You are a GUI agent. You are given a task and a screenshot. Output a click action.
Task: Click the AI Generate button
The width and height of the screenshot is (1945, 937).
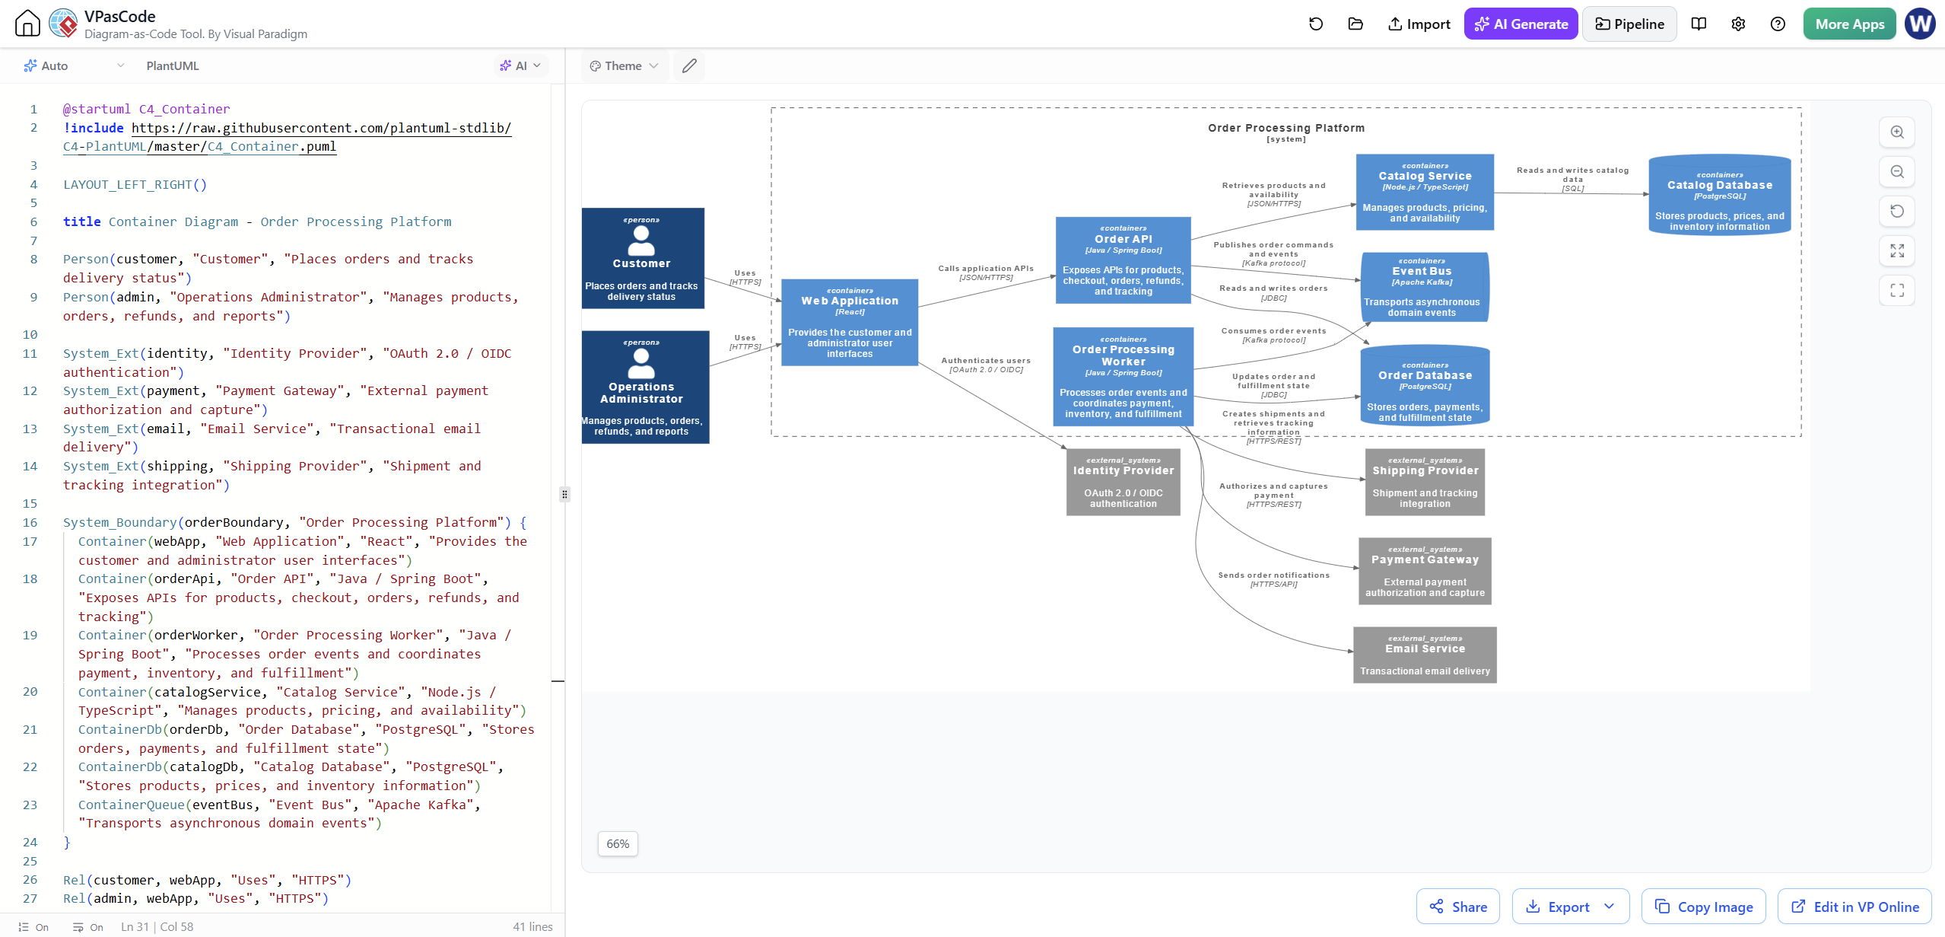tap(1521, 24)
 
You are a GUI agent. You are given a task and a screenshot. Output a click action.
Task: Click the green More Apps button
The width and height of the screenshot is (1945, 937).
tap(1849, 24)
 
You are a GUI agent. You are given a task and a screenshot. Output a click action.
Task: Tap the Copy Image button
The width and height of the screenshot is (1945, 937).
tap(1703, 906)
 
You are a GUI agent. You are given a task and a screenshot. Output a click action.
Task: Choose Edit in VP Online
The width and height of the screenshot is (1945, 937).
tap(1854, 906)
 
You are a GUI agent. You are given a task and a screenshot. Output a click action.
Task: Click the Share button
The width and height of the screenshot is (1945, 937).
tap(1457, 906)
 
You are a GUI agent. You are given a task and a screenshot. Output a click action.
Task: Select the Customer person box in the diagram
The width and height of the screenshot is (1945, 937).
tap(643, 258)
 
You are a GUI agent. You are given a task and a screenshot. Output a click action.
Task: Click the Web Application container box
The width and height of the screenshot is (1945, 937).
tap(850, 322)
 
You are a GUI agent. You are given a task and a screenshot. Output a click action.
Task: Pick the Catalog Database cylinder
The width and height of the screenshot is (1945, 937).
tap(1719, 195)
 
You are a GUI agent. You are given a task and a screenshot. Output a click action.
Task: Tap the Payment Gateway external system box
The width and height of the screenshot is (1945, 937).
tap(1425, 571)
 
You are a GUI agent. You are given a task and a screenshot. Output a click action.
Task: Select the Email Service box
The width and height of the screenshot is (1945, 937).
tap(1425, 655)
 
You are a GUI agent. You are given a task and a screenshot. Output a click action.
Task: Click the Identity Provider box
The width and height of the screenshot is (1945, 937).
tap(1123, 482)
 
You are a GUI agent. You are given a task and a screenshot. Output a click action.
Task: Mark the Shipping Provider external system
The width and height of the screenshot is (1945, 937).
tap(1425, 482)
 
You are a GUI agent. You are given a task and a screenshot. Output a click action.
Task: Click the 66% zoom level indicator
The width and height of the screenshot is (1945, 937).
tap(618, 843)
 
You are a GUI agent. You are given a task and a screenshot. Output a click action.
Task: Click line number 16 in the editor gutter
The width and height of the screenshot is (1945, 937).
tap(30, 522)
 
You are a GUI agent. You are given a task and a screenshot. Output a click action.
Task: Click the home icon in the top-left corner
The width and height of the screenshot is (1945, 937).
tap(27, 24)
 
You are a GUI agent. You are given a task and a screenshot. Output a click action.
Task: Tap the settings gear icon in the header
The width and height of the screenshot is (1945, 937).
tap(1738, 24)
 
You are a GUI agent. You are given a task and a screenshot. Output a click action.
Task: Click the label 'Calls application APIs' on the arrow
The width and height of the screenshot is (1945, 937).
tap(986, 269)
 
